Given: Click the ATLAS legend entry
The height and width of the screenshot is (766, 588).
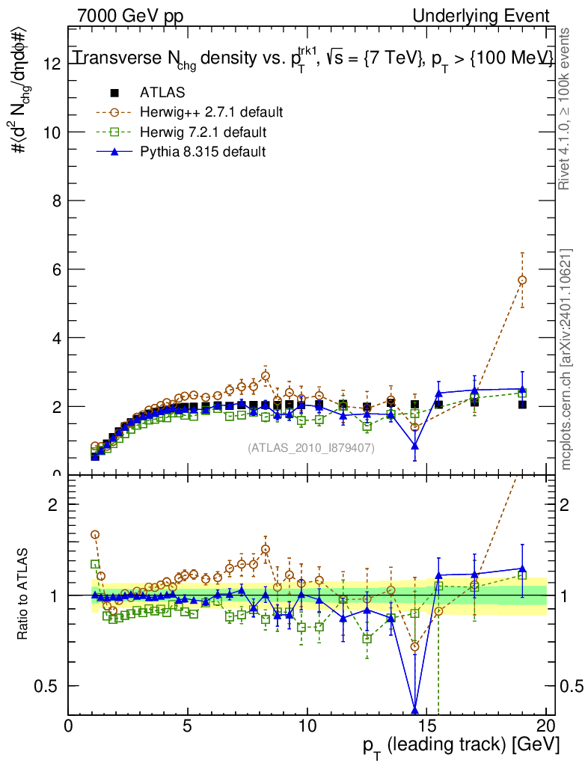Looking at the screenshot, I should click(x=162, y=93).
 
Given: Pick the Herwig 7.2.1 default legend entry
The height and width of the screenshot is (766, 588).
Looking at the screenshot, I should click(x=203, y=132).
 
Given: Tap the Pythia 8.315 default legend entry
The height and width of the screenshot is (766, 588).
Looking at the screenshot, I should click(x=203, y=152).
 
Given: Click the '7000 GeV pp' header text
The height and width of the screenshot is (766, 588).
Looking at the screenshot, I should click(x=130, y=16).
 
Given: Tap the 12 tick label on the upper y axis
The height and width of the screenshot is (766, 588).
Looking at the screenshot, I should click(x=51, y=64).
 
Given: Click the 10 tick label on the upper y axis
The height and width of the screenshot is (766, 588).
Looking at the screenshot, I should click(x=51, y=132).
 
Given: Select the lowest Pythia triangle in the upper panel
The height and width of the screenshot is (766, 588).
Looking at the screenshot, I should click(x=414, y=446).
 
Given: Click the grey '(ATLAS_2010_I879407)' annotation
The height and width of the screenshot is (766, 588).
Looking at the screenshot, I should click(x=310, y=447).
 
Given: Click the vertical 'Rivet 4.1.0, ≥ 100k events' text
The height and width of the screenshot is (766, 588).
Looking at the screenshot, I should click(x=566, y=108).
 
